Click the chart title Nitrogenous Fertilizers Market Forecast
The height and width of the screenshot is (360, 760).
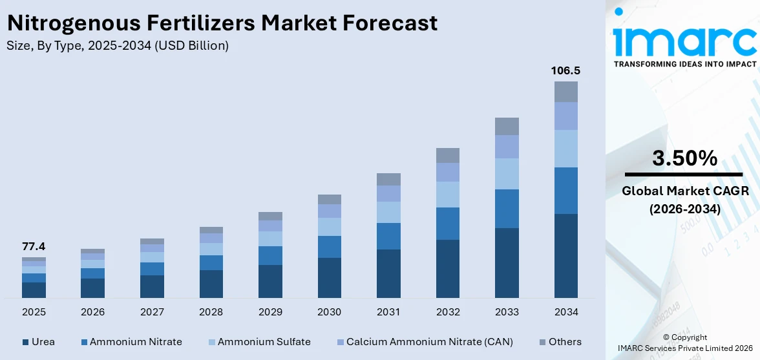222,23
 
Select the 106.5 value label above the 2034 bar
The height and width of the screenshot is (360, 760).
565,70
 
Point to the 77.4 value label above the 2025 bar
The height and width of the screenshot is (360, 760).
34,246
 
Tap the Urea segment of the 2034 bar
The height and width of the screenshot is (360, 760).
565,255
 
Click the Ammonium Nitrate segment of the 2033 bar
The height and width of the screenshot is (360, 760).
507,208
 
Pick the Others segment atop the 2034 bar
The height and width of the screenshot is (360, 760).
565,92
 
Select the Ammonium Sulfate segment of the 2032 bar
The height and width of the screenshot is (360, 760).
447,194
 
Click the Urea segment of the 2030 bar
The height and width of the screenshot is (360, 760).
329,277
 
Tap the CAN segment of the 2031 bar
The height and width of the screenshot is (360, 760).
388,193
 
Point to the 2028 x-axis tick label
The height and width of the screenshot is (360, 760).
211,312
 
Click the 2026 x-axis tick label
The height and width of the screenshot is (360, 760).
92,312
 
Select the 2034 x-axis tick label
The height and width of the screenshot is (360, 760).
565,312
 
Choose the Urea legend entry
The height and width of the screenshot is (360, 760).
39,342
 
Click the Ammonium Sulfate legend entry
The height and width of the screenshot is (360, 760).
259,342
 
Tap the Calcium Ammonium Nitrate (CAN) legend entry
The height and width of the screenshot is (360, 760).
425,342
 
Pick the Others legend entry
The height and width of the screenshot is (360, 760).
560,342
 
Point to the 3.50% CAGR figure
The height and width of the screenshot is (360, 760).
684,158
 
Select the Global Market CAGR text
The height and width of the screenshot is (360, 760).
684,191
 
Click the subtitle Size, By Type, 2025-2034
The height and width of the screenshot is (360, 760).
117,46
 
